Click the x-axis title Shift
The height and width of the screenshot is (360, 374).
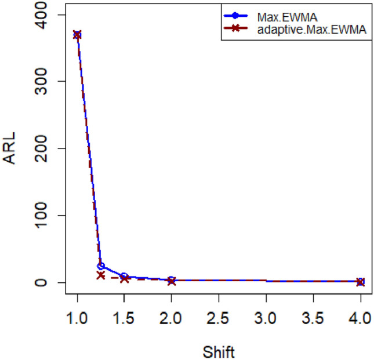(x=219, y=350)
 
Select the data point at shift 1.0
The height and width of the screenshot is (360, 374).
(x=77, y=35)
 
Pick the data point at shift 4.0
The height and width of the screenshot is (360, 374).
(x=360, y=282)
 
